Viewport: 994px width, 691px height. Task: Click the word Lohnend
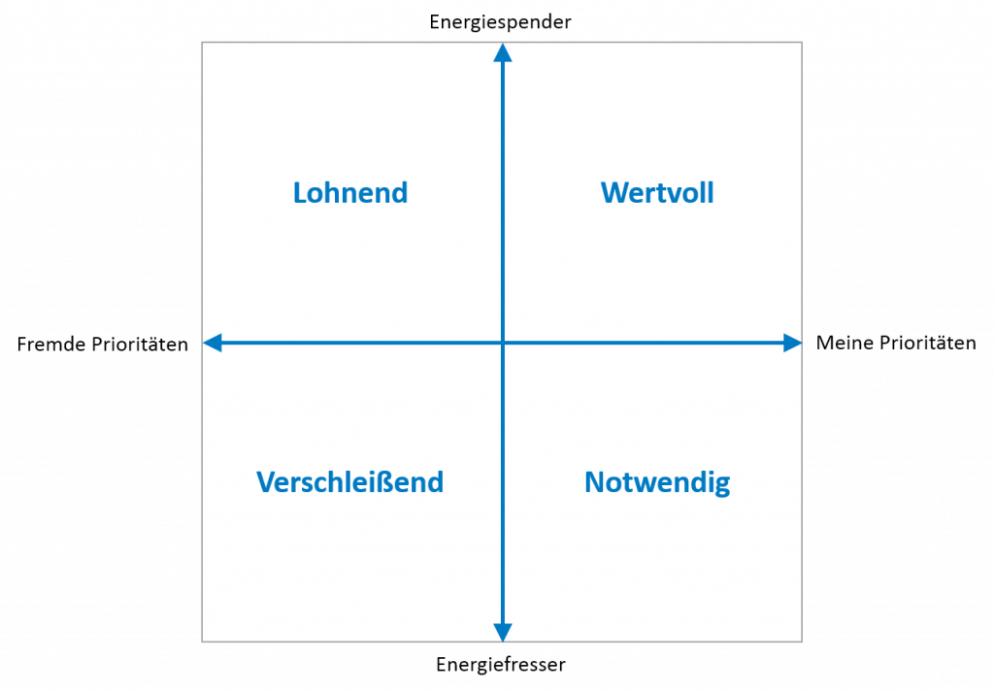[350, 192]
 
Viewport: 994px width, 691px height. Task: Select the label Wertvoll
[657, 192]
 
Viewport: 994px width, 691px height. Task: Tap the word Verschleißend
[349, 482]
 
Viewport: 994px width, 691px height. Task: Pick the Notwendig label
[657, 482]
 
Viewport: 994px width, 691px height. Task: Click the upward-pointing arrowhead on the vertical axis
[502, 52]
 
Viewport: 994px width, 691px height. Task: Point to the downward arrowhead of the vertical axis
[502, 633]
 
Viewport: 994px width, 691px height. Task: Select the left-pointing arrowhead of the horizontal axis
[212, 343]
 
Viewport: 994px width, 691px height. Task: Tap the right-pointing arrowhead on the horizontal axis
[792, 343]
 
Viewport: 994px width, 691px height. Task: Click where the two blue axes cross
[502, 343]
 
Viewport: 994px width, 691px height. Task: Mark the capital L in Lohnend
[300, 192]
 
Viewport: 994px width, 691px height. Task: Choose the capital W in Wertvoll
[613, 192]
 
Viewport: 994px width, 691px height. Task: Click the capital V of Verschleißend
[266, 482]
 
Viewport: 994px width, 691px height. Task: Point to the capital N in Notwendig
[594, 482]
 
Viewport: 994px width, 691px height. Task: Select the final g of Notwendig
[721, 485]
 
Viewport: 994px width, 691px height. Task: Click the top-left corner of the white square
[202, 42]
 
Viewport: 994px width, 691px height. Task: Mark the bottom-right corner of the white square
[802, 642]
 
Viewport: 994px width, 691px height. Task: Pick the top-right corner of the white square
[802, 42]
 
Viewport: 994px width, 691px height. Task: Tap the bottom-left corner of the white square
[202, 642]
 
